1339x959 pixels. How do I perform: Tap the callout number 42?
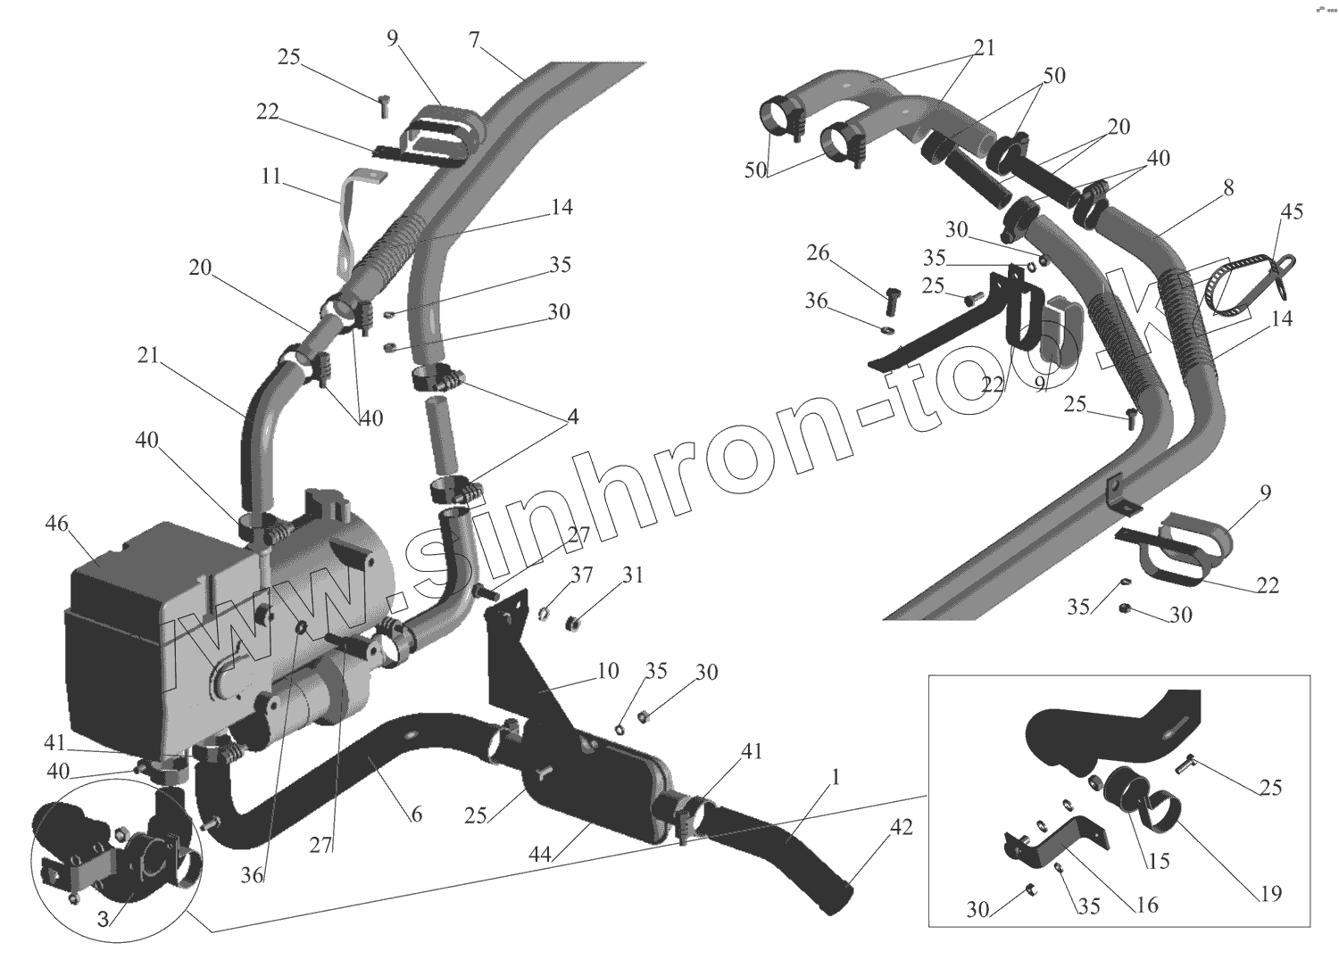click(x=902, y=827)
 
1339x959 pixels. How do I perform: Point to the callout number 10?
click(x=607, y=670)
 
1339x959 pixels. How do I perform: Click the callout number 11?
click(x=270, y=178)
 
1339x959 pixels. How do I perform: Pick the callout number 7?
click(x=473, y=39)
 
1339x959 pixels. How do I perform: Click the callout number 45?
click(x=1292, y=211)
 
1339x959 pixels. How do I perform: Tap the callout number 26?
click(x=818, y=254)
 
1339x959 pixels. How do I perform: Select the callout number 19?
click(x=1270, y=892)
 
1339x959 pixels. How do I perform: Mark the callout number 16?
click(x=1147, y=905)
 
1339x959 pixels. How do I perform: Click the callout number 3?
click(x=104, y=919)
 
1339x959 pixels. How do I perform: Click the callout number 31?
click(x=633, y=576)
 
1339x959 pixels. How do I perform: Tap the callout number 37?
click(x=582, y=576)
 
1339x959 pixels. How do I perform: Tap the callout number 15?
click(x=1160, y=861)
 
